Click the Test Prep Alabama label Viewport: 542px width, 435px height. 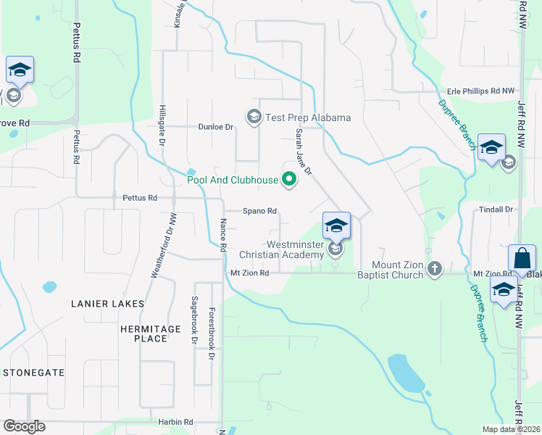[308, 117]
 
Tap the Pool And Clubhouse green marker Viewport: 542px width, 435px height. [290, 178]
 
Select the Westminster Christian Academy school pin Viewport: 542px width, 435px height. [336, 226]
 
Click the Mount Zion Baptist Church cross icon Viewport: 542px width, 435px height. [434, 268]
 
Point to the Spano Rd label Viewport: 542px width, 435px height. [259, 211]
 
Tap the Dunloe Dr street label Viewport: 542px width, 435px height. [216, 127]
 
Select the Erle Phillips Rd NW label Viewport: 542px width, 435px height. [481, 91]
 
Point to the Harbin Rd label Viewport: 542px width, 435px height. [177, 422]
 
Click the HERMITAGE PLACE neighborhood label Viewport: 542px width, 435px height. [150, 334]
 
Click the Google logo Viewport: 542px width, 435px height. [24, 426]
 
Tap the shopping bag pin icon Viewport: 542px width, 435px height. [522, 258]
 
